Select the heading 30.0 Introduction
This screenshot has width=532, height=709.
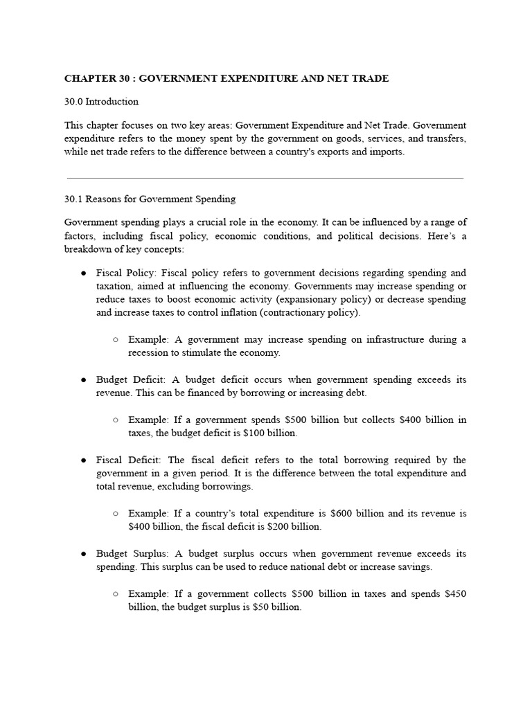coord(101,102)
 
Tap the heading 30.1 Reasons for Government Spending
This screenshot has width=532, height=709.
coord(150,199)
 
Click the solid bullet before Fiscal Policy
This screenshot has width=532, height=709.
coord(83,273)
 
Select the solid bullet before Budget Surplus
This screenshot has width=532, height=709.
coord(83,554)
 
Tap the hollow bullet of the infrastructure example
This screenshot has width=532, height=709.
coord(115,340)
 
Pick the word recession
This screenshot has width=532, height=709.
coord(154,352)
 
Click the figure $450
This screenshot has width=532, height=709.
coord(455,593)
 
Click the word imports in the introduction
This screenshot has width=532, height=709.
coord(386,152)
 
